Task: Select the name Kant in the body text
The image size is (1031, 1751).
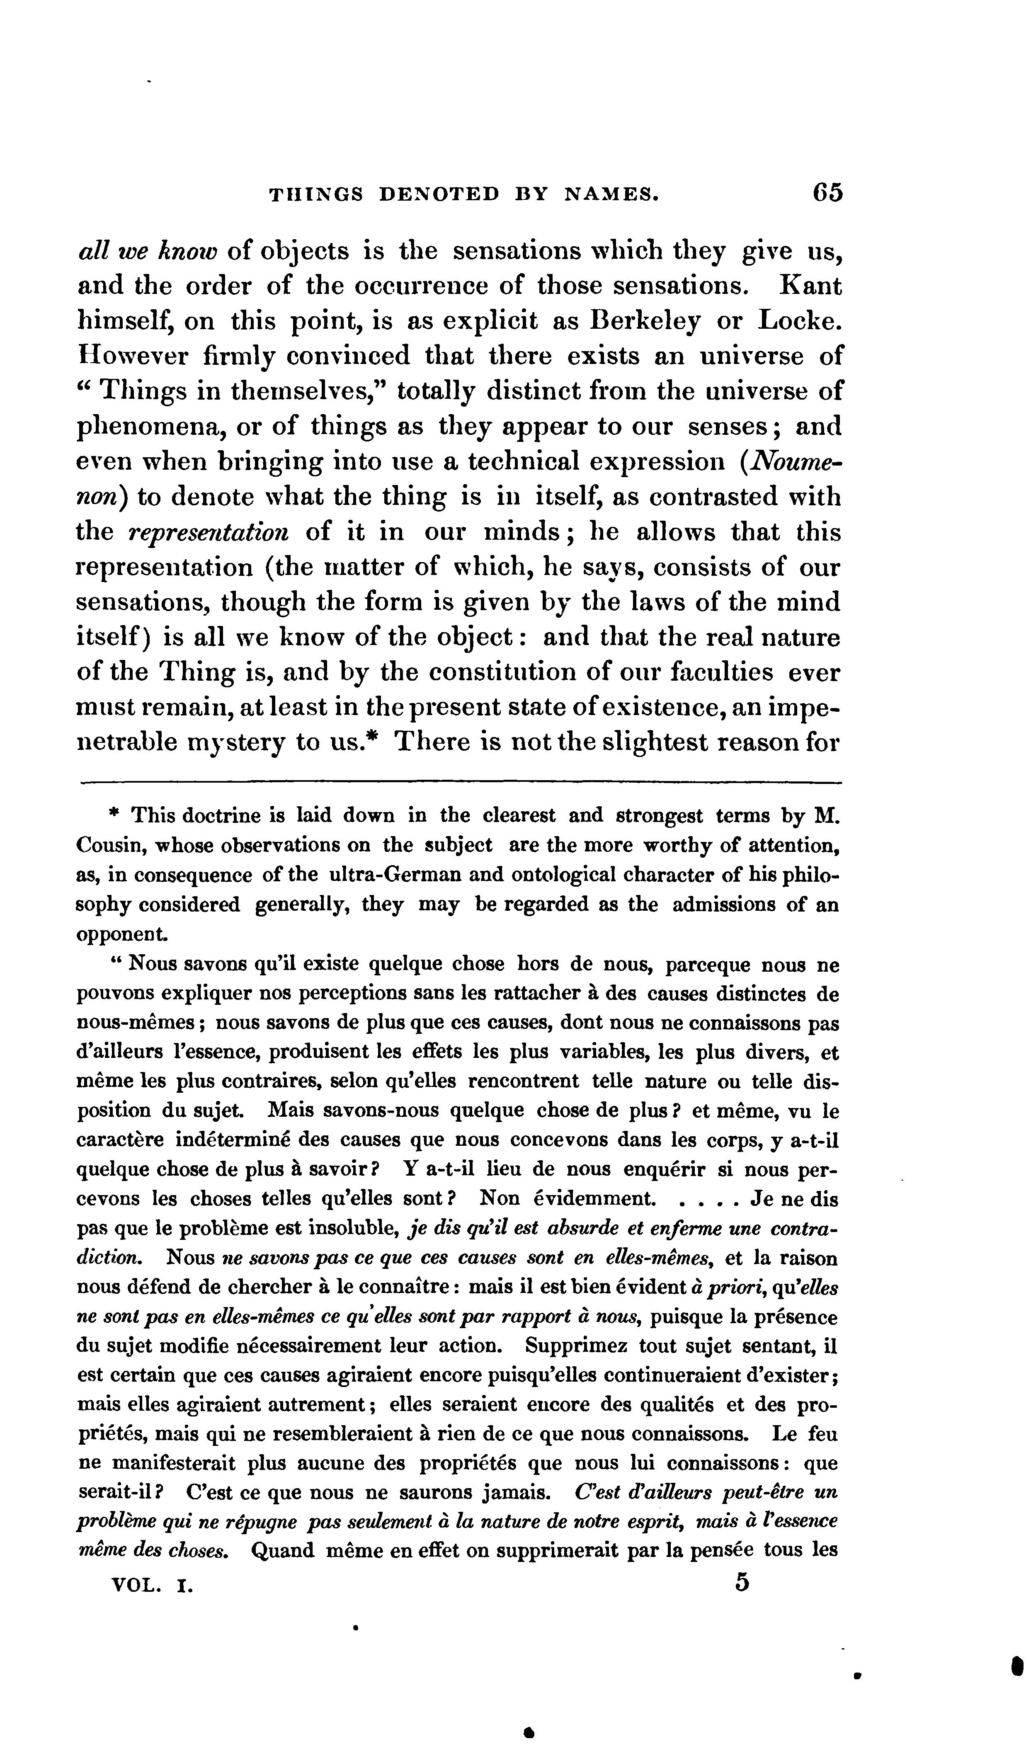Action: pos(811,286)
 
